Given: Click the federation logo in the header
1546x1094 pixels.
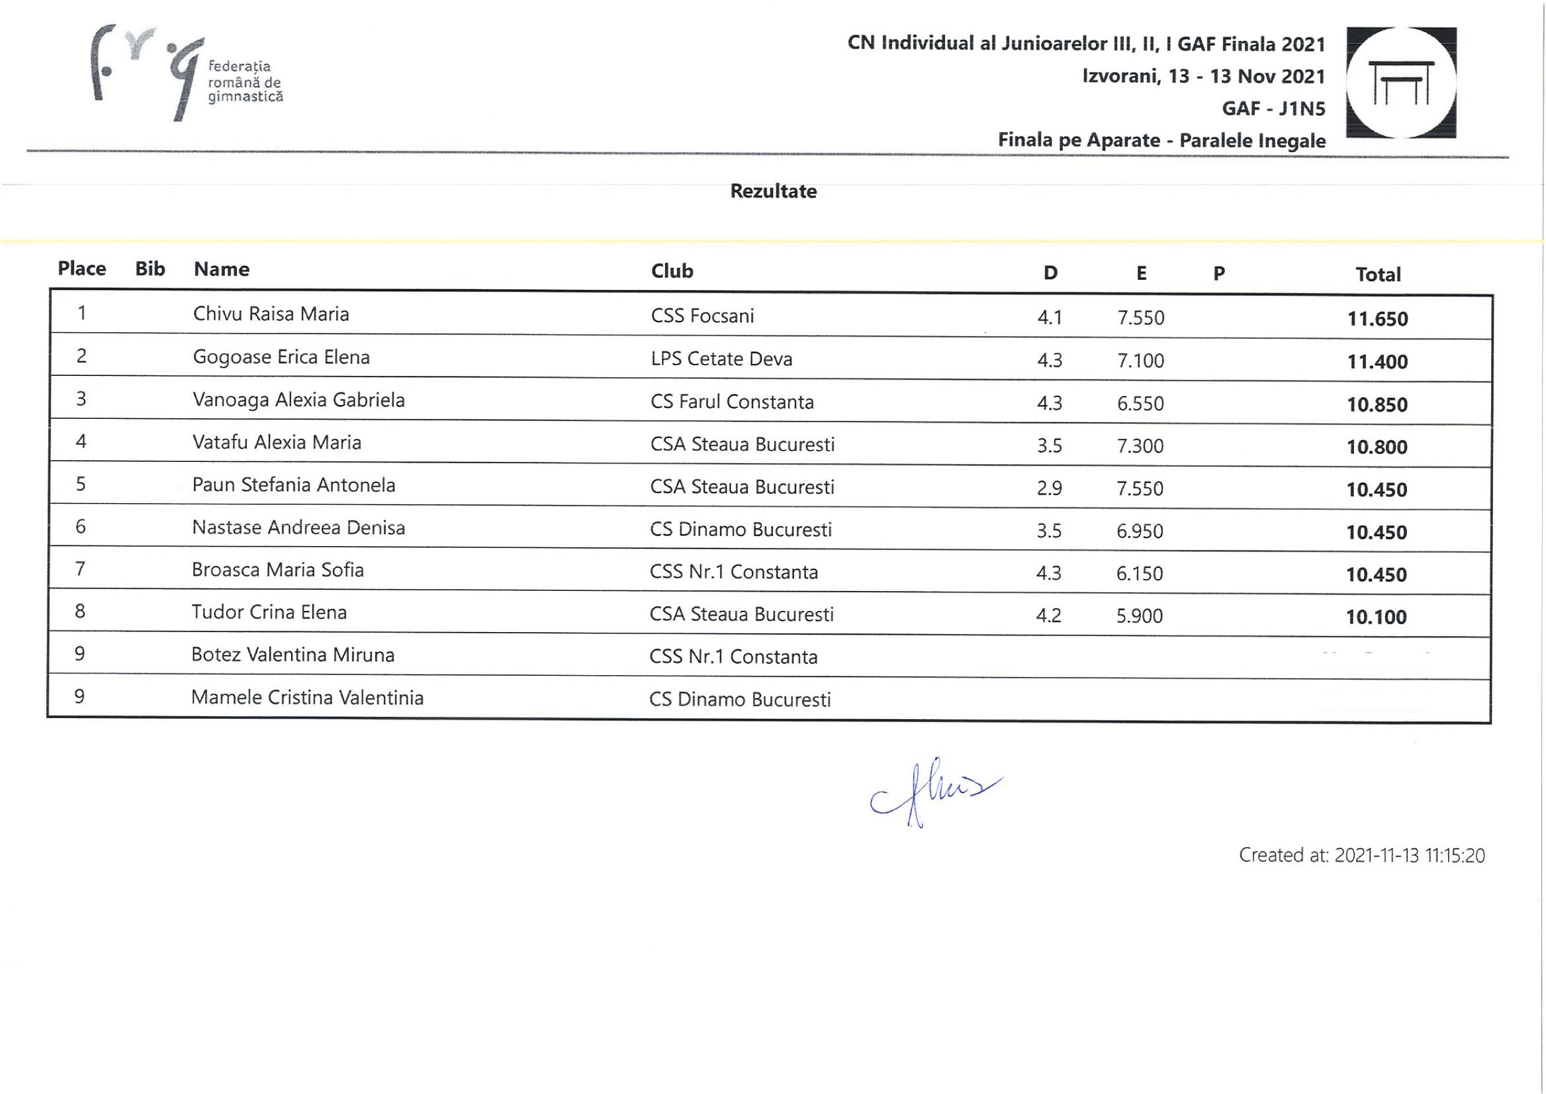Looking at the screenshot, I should pos(185,74).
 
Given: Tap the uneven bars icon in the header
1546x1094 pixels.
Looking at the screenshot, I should pos(1401,83).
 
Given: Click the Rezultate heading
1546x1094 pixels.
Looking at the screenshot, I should pos(774,191).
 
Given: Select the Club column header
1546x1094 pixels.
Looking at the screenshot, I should pos(671,271).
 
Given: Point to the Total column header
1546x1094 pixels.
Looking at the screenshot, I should pos(1378,274).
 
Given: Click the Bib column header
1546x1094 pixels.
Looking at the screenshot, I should pos(150,269).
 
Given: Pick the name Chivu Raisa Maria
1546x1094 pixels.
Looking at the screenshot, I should pos(271,314).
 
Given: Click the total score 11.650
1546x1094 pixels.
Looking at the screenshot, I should pos(1377,319).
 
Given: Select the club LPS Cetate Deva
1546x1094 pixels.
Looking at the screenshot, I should pos(721,359).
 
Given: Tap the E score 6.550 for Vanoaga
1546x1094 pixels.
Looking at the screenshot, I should pos(1140,403).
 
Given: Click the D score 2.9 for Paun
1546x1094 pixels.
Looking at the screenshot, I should pos(1049,488).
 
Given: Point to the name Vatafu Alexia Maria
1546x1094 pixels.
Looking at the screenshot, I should pos(277,443).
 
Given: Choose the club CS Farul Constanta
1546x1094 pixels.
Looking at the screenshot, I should pos(732,402).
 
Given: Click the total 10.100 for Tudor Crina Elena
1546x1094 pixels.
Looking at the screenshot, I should pos(1376,617).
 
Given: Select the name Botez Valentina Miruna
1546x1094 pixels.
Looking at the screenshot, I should pos(292,655).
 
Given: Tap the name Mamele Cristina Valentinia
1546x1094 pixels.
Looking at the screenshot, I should pos(307,697).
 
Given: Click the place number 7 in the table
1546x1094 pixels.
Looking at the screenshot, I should pos(80,569).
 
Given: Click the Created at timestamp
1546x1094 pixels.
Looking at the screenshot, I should pos(1361,855).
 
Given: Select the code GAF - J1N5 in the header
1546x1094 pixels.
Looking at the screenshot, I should pos(1273,108).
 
